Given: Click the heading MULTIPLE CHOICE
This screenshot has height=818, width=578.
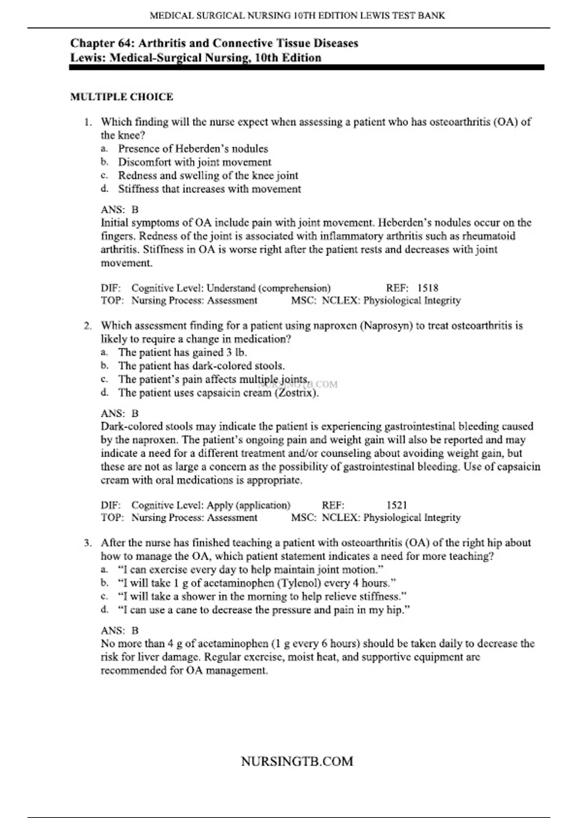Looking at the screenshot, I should pos(121,97).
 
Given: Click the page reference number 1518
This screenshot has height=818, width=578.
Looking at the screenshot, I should pos(428,288).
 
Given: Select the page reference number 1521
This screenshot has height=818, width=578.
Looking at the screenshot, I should pos(397,505).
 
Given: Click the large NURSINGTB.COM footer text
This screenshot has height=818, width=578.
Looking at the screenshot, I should pos(297,761).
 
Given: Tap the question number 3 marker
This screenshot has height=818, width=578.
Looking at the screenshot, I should pos(88,543).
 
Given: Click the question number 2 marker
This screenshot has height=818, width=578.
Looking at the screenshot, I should pos(88,326).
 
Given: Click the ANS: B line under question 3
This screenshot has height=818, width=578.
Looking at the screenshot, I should pos(119,630).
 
